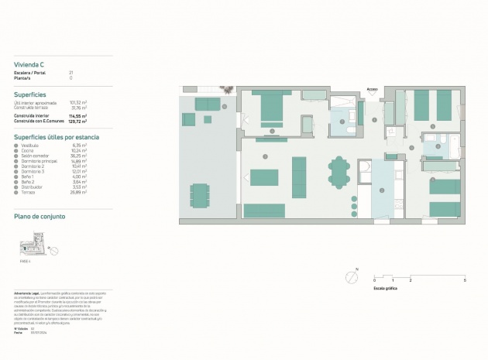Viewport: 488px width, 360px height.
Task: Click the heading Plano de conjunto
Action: point(40,217)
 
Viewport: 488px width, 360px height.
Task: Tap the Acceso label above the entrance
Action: point(373,89)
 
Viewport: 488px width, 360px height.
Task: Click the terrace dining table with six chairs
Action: point(200,195)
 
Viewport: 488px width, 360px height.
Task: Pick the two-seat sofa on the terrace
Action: point(207,104)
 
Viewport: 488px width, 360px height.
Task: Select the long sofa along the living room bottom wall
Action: point(264,210)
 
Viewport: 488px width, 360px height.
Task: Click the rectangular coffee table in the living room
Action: point(264,177)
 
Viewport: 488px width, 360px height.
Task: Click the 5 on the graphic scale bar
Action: point(464,279)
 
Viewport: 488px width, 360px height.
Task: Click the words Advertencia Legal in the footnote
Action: point(28,293)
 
